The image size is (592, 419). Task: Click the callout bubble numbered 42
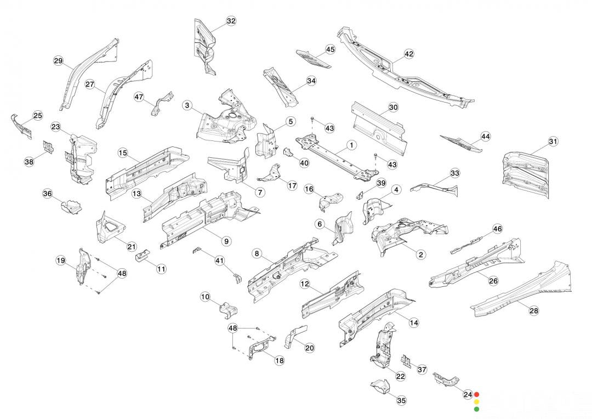coord(409,54)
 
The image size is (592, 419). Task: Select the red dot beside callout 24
coord(476,394)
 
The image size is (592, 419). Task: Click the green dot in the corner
coord(476,409)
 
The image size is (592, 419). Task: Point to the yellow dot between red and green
coord(476,401)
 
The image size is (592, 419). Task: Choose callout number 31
coord(553,142)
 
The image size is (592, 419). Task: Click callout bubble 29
coord(59,61)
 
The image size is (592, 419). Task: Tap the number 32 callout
coord(231,21)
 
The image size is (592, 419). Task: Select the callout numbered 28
coord(533,311)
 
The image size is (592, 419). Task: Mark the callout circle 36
coord(48,194)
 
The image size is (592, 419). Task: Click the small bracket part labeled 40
coord(289,152)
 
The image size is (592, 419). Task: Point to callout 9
coord(226,240)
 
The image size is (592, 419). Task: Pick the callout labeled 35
coord(402,401)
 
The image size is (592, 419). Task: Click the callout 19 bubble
coord(61,261)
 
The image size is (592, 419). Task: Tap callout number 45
coord(330,49)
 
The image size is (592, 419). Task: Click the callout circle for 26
coord(493,281)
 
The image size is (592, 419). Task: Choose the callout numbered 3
coord(187,105)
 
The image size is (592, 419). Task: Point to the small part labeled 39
coord(361,195)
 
